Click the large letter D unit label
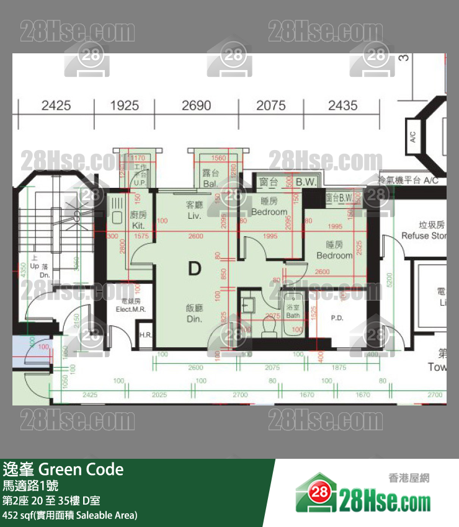[195, 268]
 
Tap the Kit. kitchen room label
[139, 221]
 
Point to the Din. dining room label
[195, 313]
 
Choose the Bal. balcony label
[210, 179]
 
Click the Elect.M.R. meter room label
[130, 304]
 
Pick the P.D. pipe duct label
[337, 318]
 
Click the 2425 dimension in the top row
[56, 105]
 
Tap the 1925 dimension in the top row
[124, 105]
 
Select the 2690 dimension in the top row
[196, 105]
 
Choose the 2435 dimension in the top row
[342, 105]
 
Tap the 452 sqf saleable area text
[69, 515]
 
